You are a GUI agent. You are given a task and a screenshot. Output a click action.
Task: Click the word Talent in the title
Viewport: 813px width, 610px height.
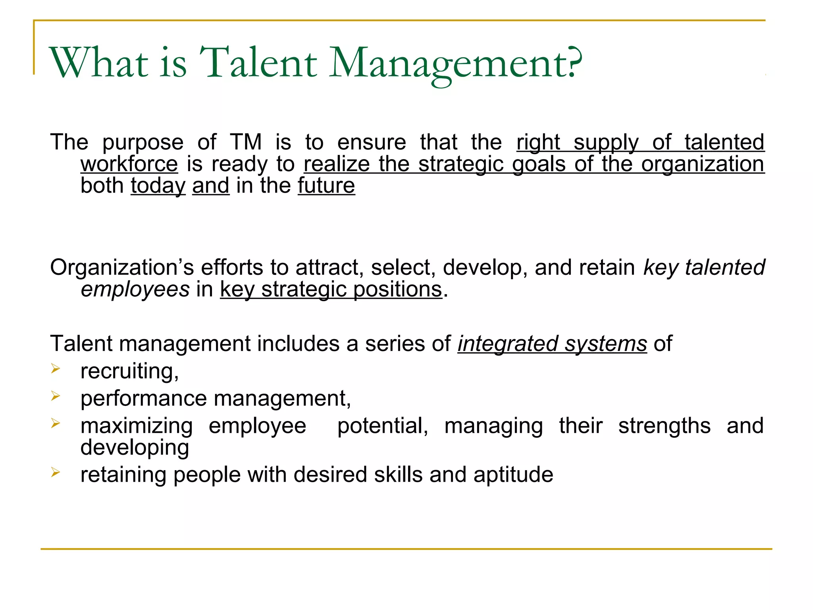(x=258, y=63)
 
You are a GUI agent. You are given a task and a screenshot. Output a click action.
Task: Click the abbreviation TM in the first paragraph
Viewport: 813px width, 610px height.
(x=246, y=142)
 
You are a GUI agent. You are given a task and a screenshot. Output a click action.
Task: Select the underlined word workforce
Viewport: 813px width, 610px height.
(x=129, y=164)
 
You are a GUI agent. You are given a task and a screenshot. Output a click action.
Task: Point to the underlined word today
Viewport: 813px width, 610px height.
(x=158, y=186)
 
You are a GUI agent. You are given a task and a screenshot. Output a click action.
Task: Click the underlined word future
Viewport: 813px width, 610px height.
(x=326, y=185)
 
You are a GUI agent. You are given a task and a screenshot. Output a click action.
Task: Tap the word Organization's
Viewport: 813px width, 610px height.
(x=122, y=267)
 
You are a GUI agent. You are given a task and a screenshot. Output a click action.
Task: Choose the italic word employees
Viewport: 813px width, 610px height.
(x=135, y=289)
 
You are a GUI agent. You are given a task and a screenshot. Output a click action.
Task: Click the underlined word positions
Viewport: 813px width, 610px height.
(x=397, y=289)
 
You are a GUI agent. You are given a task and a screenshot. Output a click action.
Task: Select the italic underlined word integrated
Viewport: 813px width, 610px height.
(x=508, y=344)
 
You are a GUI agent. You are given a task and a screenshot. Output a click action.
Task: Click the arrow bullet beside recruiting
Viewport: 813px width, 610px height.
(x=56, y=369)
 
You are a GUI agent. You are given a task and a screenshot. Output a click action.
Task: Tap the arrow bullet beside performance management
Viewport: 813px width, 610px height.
(x=56, y=396)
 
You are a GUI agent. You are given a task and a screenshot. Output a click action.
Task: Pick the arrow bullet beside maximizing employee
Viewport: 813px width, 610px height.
(x=56, y=423)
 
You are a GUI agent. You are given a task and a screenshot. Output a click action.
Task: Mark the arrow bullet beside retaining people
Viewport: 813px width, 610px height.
(x=56, y=472)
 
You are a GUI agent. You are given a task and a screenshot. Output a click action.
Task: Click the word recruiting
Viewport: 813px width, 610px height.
(x=129, y=371)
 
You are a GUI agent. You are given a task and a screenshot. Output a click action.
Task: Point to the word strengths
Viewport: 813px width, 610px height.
(x=664, y=426)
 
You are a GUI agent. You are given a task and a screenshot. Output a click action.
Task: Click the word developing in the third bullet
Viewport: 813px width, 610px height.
(x=135, y=448)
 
